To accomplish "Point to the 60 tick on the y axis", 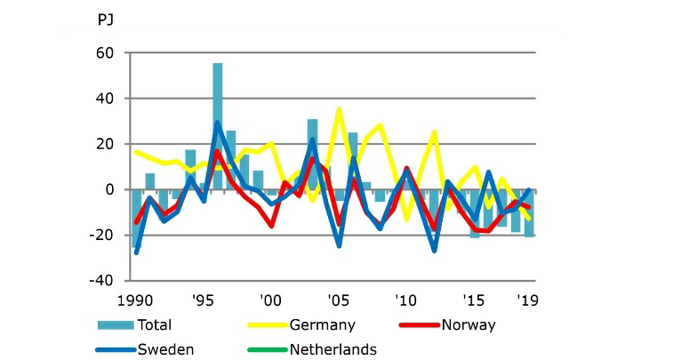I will pyautogui.click(x=106, y=53).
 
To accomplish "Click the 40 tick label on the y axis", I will pyautogui.click(x=106, y=99).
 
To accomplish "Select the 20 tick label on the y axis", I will pyautogui.click(x=106, y=144).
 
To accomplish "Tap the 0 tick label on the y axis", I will pyautogui.click(x=110, y=189).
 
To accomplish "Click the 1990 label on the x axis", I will pyautogui.click(x=134, y=300).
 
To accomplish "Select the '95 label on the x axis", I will pyautogui.click(x=202, y=300).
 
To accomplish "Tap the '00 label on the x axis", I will pyautogui.click(x=270, y=300).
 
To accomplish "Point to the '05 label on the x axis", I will pyautogui.click(x=338, y=300).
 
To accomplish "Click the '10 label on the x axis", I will pyautogui.click(x=406, y=300).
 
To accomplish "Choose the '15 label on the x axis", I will pyautogui.click(x=474, y=300).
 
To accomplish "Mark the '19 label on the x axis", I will pyautogui.click(x=528, y=300).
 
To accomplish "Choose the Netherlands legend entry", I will pyautogui.click(x=332, y=349).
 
